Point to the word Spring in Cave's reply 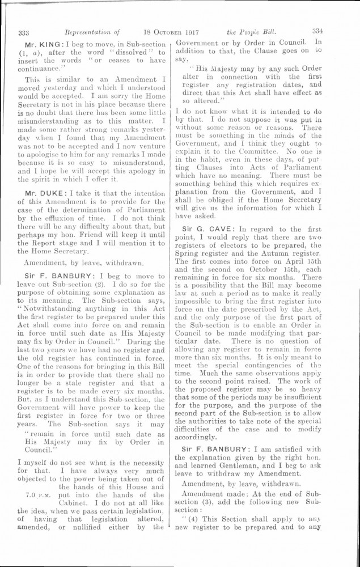pos(188,253)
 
